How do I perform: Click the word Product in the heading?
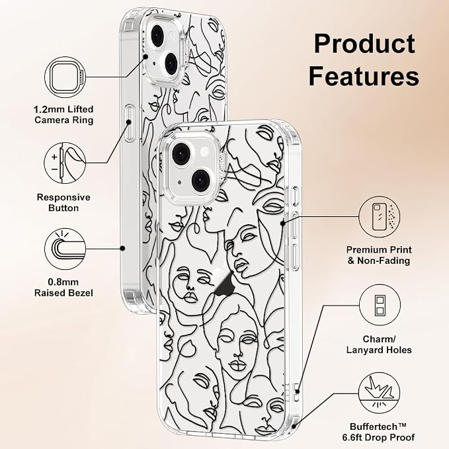point(364,44)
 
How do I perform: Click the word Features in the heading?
point(364,76)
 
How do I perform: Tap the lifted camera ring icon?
point(65,77)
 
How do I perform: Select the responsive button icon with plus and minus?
point(65,163)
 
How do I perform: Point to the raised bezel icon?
point(65,249)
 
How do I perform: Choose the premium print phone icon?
point(380,217)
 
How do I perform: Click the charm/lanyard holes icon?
point(380,305)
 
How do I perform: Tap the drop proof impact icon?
point(380,393)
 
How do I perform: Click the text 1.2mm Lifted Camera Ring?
point(64,114)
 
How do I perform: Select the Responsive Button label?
point(63,202)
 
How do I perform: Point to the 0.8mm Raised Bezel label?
point(63,288)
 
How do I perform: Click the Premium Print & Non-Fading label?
point(379,255)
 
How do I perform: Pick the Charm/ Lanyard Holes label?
point(379,345)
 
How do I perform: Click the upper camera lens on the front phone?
point(181,154)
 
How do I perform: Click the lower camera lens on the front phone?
point(201,181)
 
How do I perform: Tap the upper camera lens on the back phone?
point(157,36)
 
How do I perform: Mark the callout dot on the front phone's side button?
point(283,223)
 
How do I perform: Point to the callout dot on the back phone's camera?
point(145,57)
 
